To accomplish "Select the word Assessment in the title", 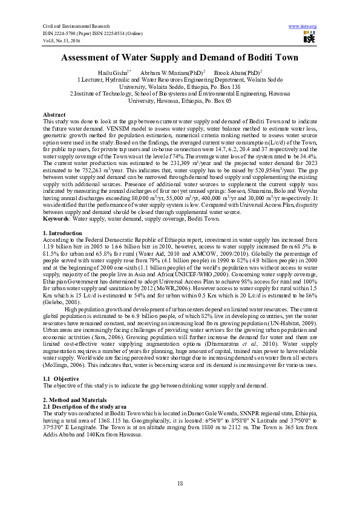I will [x=93, y=58].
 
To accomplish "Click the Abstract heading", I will [x=55, y=115].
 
